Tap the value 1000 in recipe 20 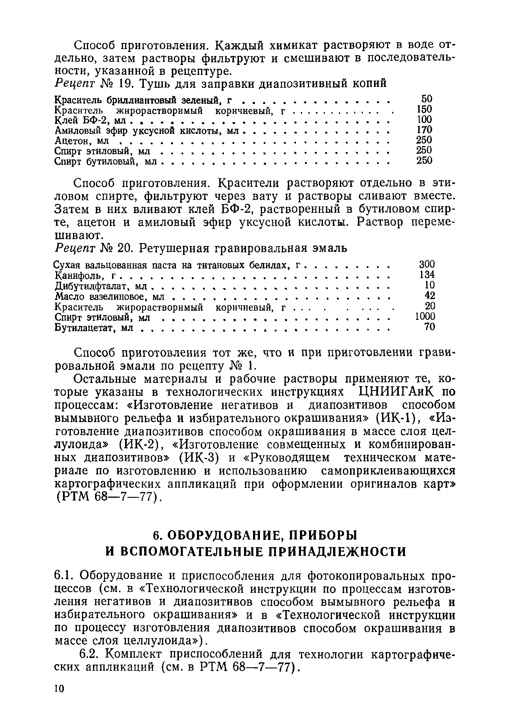pos(425,316)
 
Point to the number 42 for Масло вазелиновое pos(430,295)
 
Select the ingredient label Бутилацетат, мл pos(94,328)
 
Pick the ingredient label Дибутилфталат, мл pos(101,286)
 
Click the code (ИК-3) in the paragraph pos(199,458)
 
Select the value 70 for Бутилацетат pos(430,327)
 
